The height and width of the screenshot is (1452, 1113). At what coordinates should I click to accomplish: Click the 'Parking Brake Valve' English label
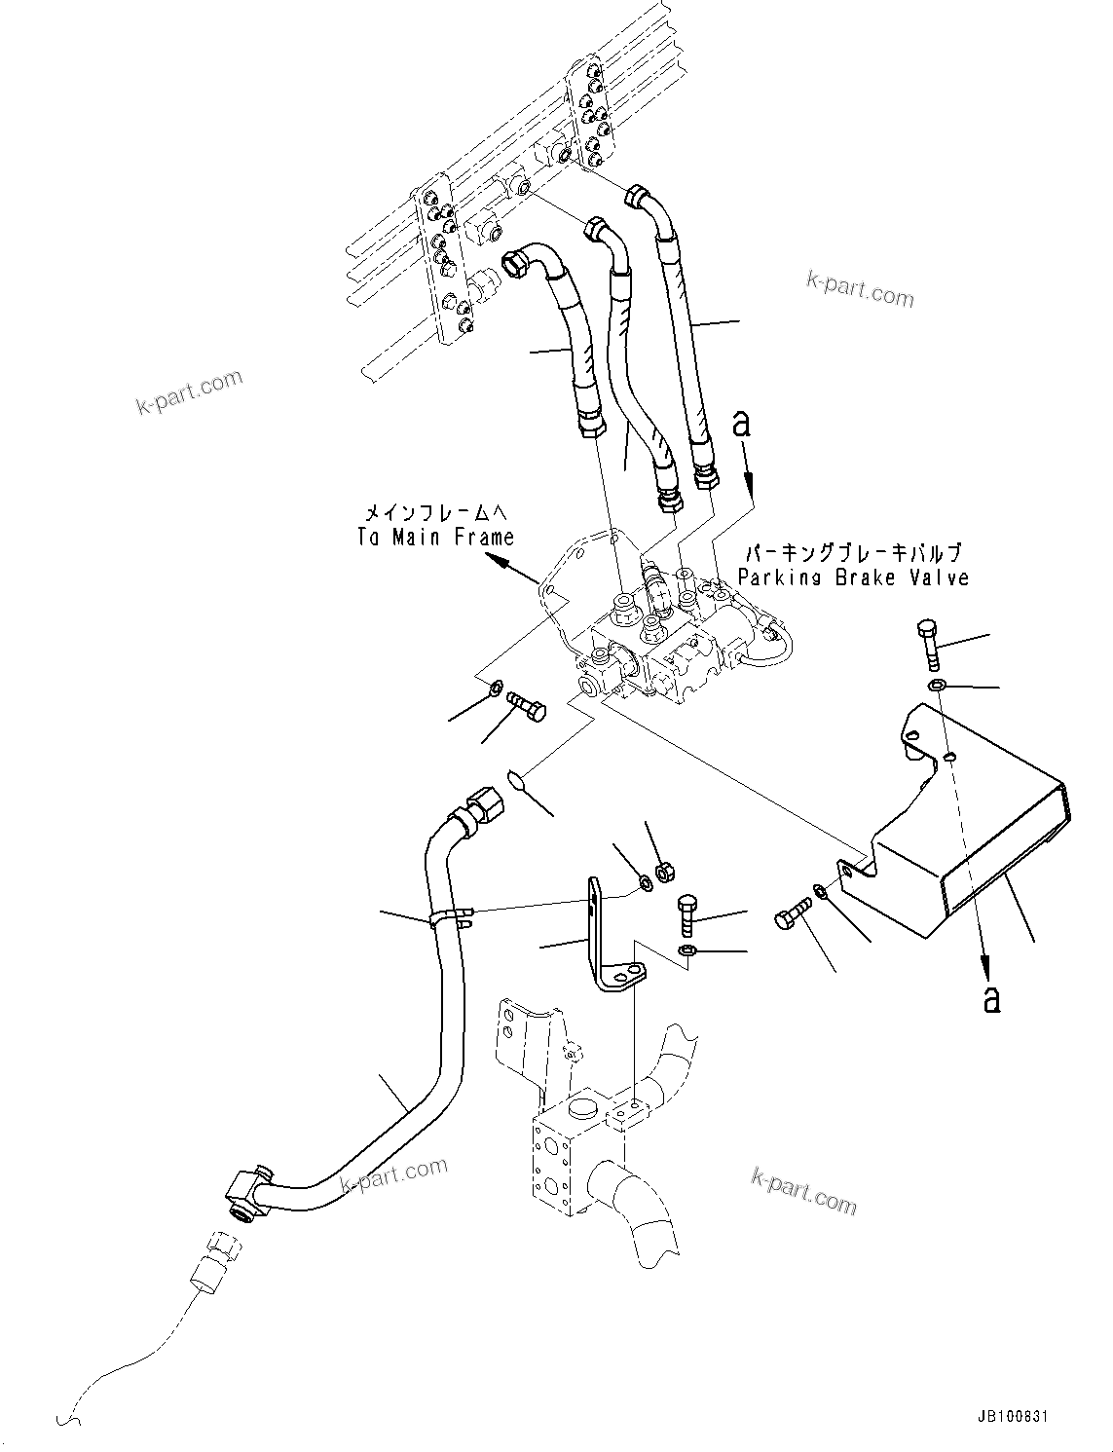point(853,577)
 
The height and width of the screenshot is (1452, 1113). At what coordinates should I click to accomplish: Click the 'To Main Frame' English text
point(434,537)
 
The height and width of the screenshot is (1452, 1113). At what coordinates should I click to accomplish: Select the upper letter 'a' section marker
point(742,424)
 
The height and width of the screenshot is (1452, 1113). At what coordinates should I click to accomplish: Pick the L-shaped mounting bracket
point(603,935)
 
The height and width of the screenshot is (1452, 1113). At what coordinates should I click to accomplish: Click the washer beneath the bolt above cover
point(936,687)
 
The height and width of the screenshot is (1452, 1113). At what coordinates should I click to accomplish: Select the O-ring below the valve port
point(516,778)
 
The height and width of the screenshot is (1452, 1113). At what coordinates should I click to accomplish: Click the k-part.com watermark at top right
point(860,288)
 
